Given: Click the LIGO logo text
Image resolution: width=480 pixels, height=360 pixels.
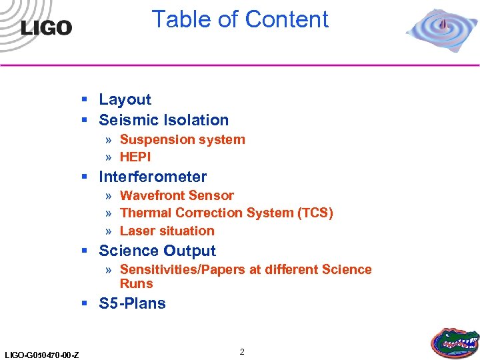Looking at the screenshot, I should (46, 27).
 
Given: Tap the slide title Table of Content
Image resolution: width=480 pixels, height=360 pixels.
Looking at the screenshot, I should (240, 19).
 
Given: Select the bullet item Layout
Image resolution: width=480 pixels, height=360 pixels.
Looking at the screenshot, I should (125, 99).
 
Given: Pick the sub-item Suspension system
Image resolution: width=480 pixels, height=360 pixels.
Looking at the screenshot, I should (182, 139).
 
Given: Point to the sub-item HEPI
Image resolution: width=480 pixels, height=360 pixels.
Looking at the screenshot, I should (135, 157).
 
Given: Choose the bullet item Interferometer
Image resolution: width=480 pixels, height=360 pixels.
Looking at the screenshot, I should (153, 177).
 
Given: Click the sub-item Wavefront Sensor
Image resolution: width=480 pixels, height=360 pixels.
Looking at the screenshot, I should (177, 195).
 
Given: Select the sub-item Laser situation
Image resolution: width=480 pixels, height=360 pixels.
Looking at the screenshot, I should (167, 231).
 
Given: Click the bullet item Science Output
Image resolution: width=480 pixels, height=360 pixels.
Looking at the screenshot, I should (157, 251).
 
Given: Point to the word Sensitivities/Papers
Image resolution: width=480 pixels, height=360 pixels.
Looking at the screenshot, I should (190, 269).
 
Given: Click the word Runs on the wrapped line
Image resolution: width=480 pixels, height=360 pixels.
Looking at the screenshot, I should (136, 283).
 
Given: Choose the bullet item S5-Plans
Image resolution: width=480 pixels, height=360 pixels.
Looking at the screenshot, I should (132, 303).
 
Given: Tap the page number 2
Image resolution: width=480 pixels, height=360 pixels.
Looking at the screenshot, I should (242, 351).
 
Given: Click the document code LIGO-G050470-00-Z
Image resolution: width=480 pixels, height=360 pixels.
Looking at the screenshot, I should (41, 354).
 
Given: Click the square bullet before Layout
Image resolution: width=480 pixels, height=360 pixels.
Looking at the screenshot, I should (85, 100).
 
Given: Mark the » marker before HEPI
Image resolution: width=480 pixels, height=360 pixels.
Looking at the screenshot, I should (108, 157).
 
